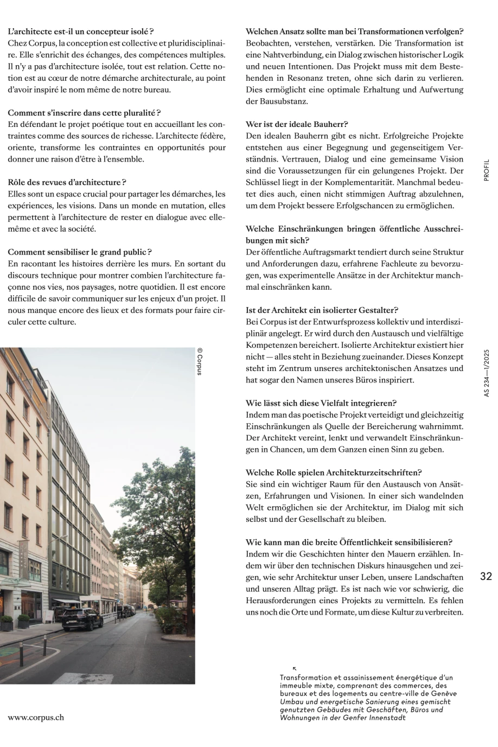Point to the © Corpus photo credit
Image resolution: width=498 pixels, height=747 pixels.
(x=200, y=362)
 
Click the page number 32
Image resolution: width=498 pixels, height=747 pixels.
(x=486, y=576)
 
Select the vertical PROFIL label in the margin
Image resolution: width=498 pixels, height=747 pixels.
(x=486, y=170)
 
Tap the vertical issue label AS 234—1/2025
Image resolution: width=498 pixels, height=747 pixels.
(x=486, y=374)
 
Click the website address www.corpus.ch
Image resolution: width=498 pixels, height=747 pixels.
(x=36, y=717)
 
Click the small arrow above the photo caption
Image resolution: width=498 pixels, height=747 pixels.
(x=295, y=669)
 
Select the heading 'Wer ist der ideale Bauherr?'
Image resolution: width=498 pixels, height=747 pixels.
(x=297, y=124)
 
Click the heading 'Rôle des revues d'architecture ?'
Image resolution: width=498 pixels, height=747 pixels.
(x=67, y=182)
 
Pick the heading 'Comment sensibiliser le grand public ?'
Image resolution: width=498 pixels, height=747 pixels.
(x=80, y=252)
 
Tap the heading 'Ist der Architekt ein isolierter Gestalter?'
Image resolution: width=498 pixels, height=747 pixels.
(x=322, y=310)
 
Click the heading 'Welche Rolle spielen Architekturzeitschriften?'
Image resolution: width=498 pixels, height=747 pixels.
(x=334, y=473)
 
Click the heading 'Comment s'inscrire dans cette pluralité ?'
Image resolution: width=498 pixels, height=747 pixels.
(x=84, y=113)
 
